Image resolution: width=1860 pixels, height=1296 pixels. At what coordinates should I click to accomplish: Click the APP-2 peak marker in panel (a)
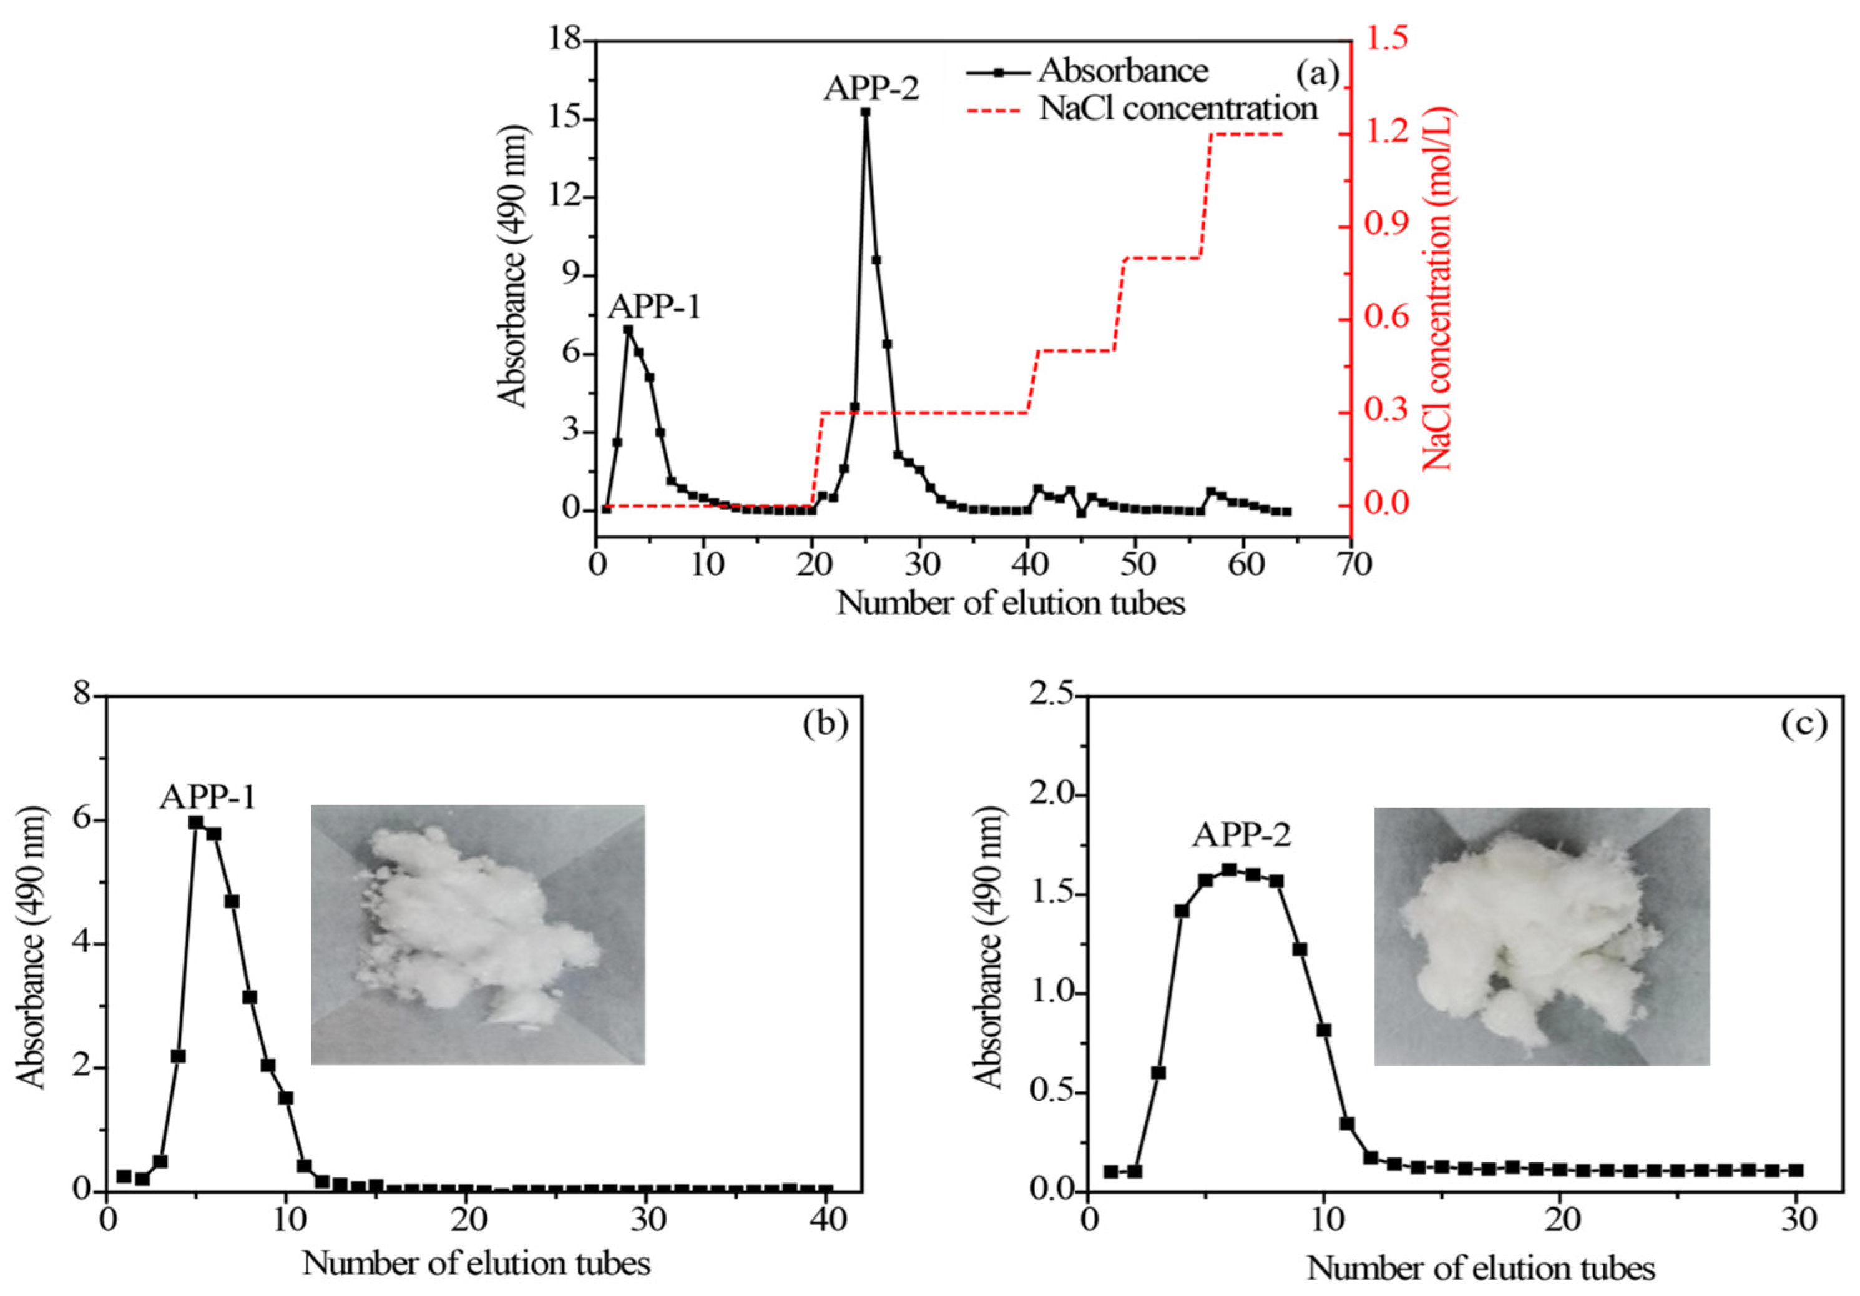coord(865,112)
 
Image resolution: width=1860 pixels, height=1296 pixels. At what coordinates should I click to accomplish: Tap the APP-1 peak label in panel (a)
coord(655,308)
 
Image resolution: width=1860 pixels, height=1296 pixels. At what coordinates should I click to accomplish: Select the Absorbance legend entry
coord(1123,71)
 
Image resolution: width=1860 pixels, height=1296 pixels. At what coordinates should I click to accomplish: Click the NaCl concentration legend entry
coord(1178,108)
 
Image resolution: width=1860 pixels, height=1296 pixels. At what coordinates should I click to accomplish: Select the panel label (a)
coord(1316,74)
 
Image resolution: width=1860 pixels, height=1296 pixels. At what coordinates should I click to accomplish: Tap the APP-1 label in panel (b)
coord(208,798)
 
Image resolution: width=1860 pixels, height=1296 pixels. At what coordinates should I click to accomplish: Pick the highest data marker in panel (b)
coord(196,823)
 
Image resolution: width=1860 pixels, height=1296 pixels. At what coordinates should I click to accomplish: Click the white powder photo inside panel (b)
coord(478,934)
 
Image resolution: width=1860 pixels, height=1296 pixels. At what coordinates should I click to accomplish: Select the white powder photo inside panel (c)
coord(1542,936)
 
